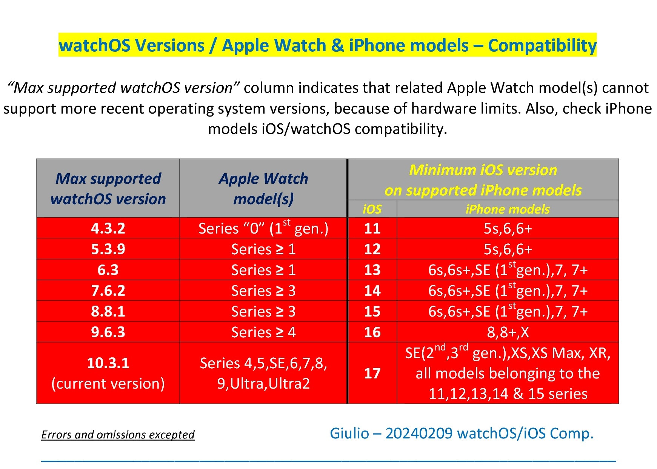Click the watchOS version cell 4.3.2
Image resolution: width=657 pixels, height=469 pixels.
[108, 228]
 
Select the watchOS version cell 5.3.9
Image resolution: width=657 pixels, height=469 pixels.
[108, 249]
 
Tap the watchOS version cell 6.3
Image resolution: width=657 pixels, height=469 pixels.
[108, 270]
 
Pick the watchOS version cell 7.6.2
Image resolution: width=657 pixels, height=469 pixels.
[108, 291]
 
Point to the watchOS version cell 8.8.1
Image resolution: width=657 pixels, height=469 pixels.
[108, 311]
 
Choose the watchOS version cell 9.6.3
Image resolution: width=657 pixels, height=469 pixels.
[108, 332]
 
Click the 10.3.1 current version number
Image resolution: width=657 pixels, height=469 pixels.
[108, 363]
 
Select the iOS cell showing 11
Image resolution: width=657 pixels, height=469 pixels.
[372, 228]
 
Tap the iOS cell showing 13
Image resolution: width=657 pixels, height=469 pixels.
[372, 270]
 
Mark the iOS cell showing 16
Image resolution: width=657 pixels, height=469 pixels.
[372, 332]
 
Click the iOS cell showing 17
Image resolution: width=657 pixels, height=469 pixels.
[372, 373]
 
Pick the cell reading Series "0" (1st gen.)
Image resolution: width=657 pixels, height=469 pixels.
[263, 228]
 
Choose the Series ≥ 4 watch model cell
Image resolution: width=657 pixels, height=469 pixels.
[263, 332]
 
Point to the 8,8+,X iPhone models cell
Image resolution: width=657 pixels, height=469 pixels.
[508, 332]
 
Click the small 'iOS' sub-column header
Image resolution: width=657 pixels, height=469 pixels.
[372, 209]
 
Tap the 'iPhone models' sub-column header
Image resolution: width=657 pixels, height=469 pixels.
[508, 209]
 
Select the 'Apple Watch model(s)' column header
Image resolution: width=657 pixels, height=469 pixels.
[263, 188]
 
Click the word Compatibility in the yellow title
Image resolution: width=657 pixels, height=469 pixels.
[542, 45]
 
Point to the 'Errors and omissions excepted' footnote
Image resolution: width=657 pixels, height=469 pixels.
[118, 435]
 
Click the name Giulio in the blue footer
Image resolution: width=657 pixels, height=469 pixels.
[349, 433]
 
